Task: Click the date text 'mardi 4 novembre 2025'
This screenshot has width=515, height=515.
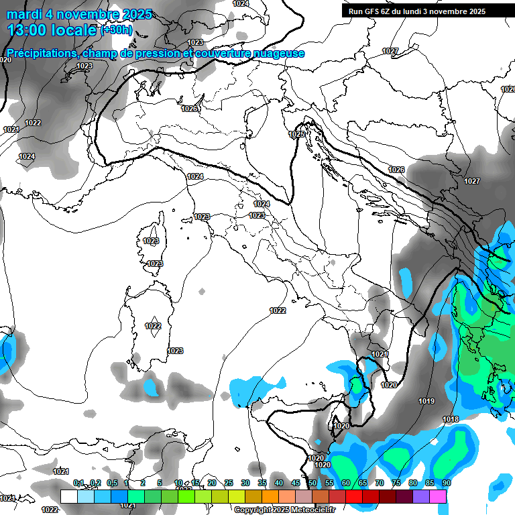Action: [x=79, y=14]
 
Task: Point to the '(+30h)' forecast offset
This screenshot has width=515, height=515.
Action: [x=117, y=30]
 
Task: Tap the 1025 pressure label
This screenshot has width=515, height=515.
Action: [x=296, y=135]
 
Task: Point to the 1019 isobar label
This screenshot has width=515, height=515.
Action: [x=426, y=401]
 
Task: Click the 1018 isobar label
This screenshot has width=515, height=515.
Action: [x=451, y=419]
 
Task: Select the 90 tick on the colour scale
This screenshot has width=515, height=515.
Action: [x=446, y=483]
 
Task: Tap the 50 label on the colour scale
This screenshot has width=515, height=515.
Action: [x=312, y=483]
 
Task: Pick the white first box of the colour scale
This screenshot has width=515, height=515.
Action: [x=69, y=496]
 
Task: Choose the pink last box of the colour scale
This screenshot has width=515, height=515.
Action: [x=438, y=496]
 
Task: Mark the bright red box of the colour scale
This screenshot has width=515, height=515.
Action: [x=354, y=496]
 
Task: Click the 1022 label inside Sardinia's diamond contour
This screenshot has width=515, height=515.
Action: [x=153, y=326]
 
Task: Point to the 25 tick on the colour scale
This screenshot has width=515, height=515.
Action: [x=229, y=483]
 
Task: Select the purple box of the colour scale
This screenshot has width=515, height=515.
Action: [x=421, y=496]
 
